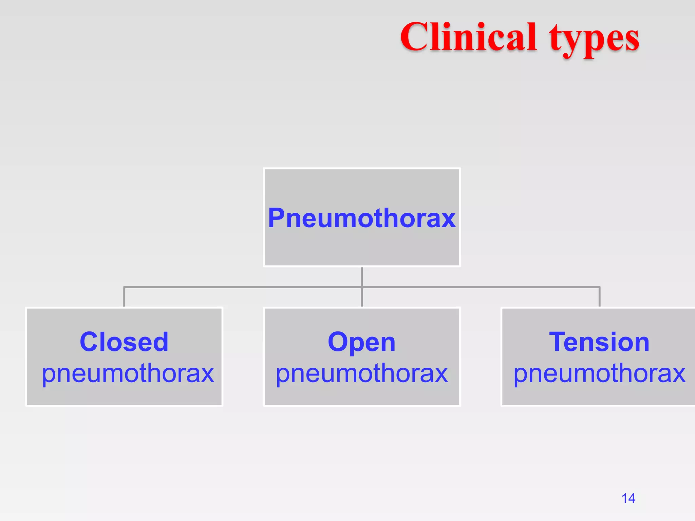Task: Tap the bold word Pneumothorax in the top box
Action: (362, 218)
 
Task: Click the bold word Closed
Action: (124, 342)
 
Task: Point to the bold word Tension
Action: (599, 342)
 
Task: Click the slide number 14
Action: (628, 498)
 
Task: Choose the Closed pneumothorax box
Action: (124, 393)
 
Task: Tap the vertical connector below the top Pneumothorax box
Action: (362, 276)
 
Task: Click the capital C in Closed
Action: (89, 342)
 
